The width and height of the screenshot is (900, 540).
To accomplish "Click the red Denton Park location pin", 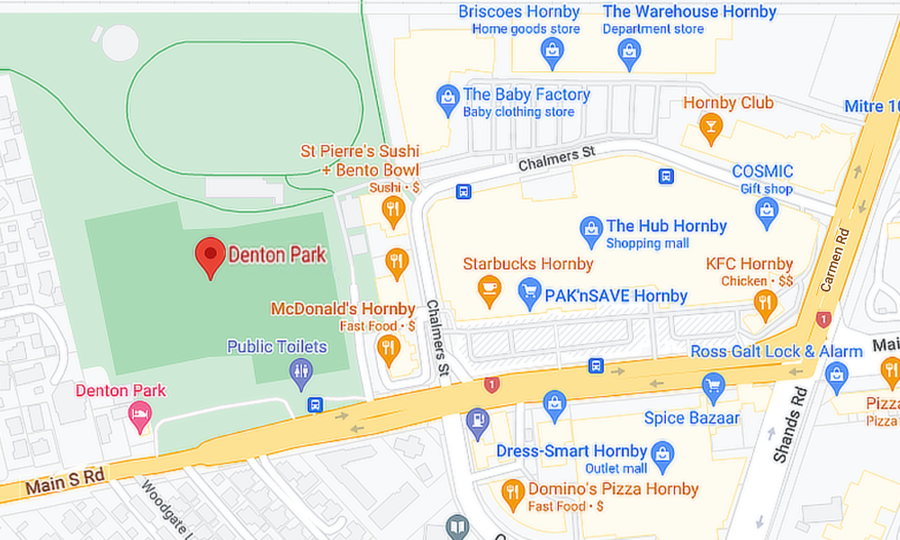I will click(210, 256).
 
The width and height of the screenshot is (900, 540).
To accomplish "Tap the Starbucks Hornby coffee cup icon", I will click(489, 290).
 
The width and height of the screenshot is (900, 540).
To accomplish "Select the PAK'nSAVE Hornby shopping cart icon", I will click(530, 290).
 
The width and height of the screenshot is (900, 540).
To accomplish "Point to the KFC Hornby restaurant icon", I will click(766, 303).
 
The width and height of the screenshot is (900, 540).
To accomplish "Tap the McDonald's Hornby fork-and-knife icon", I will click(388, 348).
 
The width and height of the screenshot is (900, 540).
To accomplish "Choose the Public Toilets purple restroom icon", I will click(301, 371).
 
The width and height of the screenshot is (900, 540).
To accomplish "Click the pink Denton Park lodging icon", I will click(139, 415).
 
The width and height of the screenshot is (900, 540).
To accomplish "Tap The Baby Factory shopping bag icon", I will click(447, 99).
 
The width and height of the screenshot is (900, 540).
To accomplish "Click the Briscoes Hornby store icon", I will click(552, 52).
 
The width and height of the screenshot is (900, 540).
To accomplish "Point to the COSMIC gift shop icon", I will click(766, 211).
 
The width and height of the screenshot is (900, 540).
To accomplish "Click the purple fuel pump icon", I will click(477, 419).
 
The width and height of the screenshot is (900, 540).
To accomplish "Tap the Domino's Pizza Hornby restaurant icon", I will click(512, 491).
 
